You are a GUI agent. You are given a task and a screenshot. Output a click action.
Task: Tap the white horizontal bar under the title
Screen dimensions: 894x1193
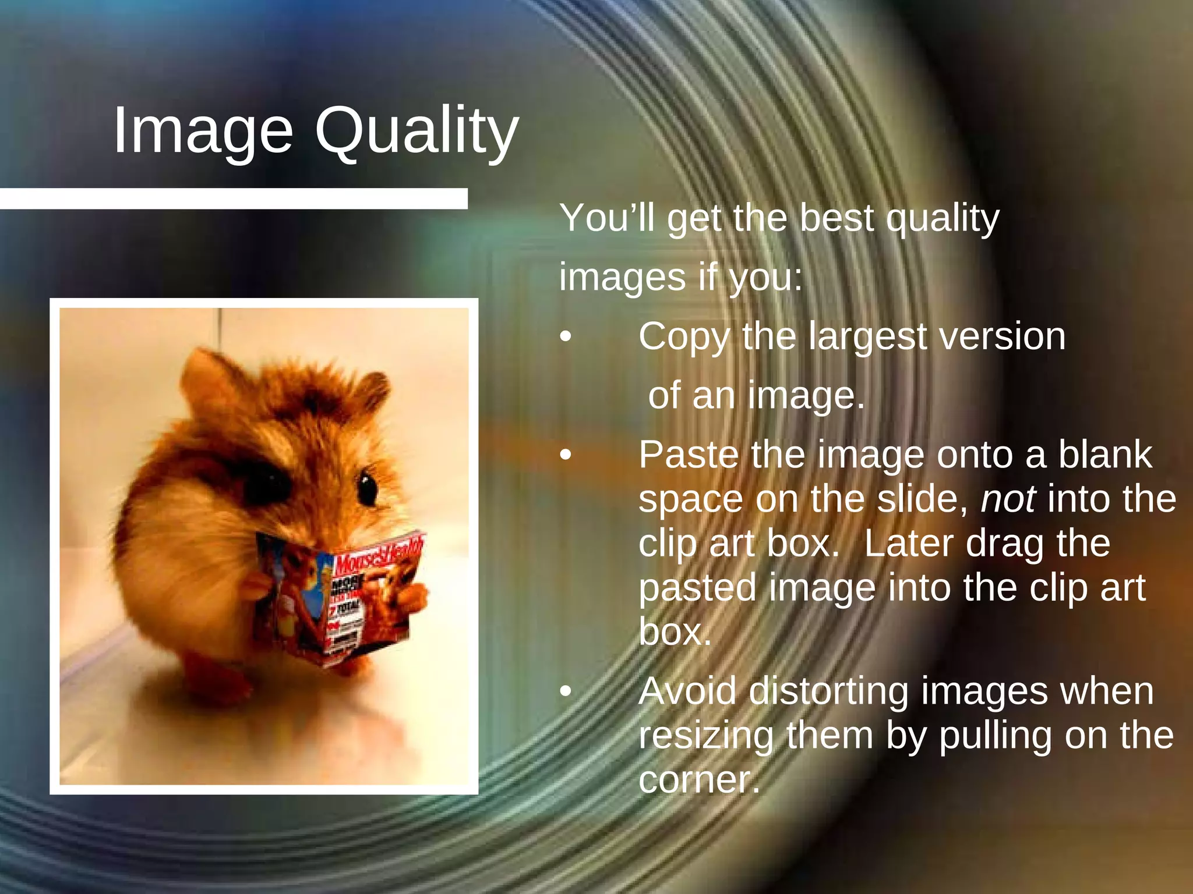point(233,198)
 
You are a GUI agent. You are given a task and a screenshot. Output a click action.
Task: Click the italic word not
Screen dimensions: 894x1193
point(1008,499)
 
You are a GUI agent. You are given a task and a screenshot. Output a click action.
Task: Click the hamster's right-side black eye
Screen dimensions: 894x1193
point(368,489)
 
